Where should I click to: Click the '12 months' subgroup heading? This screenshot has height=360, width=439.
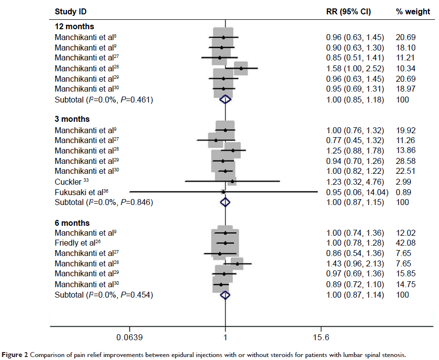point(74,26)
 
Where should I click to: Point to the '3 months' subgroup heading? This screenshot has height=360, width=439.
point(72,119)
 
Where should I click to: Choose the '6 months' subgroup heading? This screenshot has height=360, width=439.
point(72,223)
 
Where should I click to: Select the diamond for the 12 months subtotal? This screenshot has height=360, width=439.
point(225,100)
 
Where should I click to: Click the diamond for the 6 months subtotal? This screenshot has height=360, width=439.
point(225,295)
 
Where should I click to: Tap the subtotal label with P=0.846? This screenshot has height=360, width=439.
point(103,202)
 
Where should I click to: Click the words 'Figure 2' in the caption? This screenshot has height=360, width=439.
point(15,355)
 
